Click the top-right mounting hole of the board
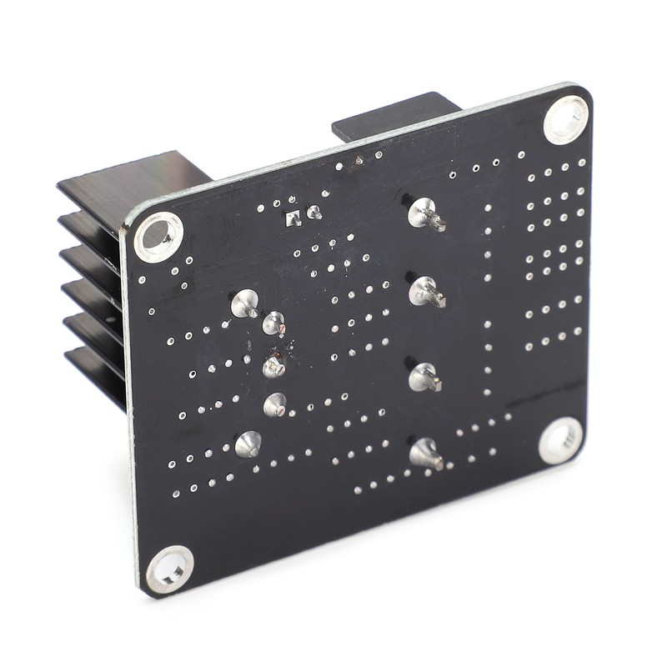click(x=565, y=119)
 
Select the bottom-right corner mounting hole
click(x=559, y=439)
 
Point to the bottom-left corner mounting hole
click(x=170, y=569)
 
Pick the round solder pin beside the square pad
click(x=313, y=213)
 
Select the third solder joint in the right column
click(x=423, y=377)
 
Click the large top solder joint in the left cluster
click(x=245, y=303)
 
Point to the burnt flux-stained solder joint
click(x=274, y=366)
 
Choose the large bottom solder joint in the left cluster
click(x=248, y=444)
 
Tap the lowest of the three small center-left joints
click(x=274, y=405)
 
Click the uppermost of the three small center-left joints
click(x=273, y=323)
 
